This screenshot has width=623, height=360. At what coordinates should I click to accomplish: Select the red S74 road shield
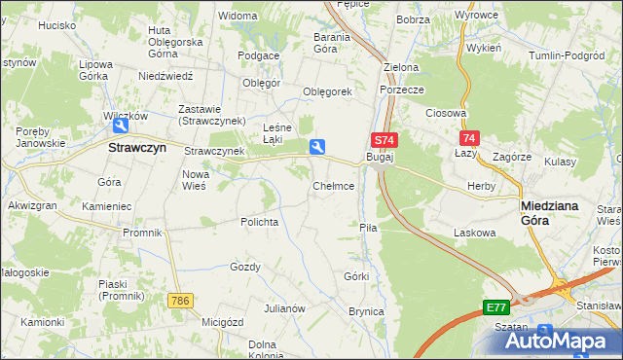click(384, 140)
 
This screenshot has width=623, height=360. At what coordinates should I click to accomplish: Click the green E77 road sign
click(495, 307)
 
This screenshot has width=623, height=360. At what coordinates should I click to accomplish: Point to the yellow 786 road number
click(178, 302)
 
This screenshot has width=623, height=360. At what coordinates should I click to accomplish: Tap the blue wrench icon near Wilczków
click(122, 126)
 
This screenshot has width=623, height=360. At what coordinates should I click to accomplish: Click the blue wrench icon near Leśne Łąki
click(317, 147)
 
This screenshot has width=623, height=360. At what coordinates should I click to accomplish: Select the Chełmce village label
click(333, 185)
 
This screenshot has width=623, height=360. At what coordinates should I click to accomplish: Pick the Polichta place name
click(260, 222)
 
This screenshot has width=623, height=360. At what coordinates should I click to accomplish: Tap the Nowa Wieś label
click(196, 180)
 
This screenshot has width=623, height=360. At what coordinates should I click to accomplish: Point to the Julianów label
click(285, 308)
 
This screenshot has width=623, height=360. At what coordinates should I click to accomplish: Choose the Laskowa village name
click(475, 234)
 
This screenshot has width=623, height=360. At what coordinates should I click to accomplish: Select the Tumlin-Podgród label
click(567, 55)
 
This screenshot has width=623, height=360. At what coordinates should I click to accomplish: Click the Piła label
click(367, 227)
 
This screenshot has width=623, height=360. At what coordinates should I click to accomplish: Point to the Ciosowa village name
click(447, 113)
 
